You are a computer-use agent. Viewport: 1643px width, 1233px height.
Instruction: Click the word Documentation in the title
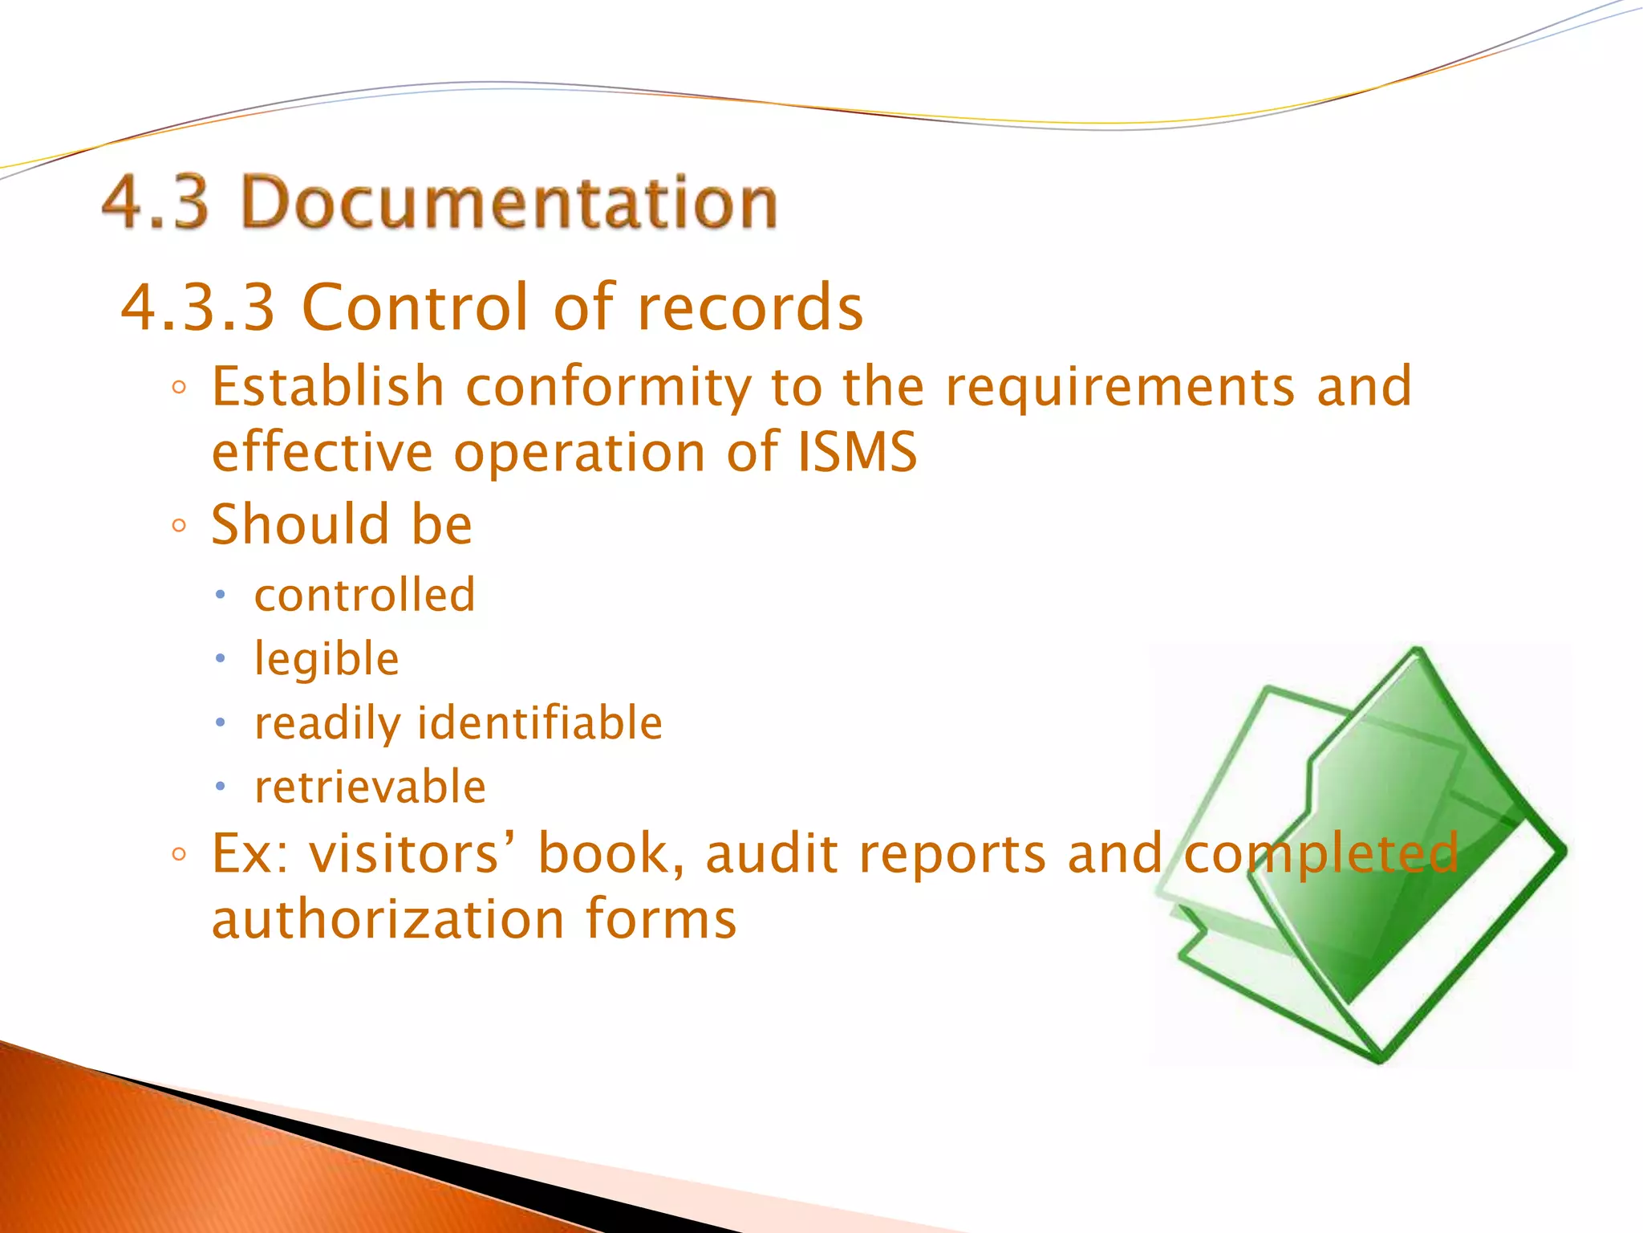tap(509, 201)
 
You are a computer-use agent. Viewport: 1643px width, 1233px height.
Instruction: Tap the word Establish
tap(328, 387)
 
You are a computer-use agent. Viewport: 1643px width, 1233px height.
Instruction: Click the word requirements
tap(1120, 387)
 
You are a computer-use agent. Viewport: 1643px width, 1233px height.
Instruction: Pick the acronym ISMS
tap(857, 451)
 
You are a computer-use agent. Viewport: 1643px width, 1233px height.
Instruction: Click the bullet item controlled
tap(365, 595)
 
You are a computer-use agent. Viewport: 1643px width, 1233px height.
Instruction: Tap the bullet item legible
tap(327, 660)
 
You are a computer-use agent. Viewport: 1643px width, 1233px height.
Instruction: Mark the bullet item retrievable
tap(370, 787)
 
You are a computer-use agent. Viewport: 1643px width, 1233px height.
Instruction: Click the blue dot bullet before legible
tap(221, 659)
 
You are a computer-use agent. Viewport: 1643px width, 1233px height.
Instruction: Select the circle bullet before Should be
tap(179, 527)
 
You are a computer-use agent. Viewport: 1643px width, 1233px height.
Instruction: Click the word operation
tap(579, 453)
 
